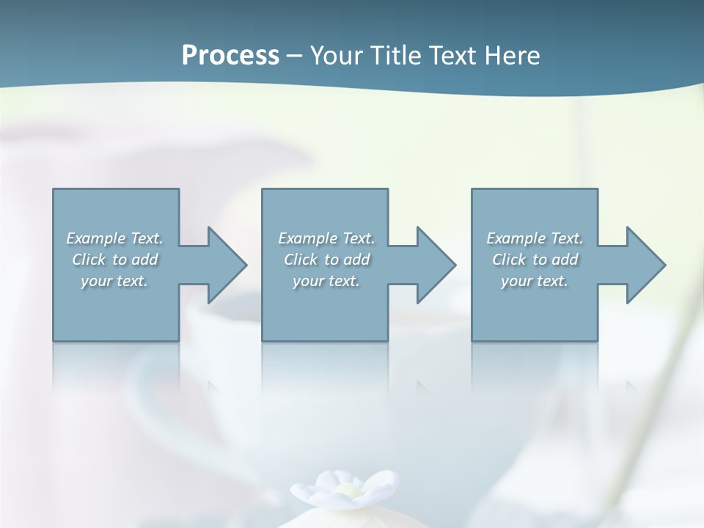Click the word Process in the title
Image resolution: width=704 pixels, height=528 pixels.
[230, 55]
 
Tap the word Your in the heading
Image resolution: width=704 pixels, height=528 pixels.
[338, 55]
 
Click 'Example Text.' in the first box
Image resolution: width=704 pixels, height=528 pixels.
[115, 238]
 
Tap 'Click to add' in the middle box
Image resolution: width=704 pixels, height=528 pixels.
[326, 260]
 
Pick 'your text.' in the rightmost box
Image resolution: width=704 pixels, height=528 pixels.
[535, 281]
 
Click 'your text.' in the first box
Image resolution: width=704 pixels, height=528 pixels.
[115, 281]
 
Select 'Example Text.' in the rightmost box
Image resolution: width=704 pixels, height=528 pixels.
[535, 238]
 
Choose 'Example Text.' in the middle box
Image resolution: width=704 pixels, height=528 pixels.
[326, 238]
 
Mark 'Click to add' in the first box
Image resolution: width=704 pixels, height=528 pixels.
[115, 260]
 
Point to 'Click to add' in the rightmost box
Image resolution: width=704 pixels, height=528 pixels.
[535, 260]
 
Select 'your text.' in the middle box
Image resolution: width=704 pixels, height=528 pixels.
[326, 281]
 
